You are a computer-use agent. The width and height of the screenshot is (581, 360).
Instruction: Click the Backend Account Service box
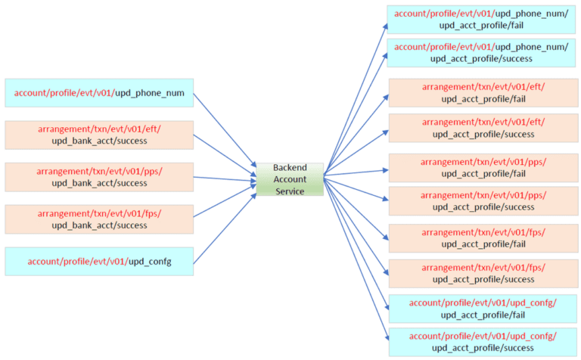click(x=290, y=179)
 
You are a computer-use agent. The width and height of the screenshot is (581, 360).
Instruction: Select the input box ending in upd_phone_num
click(x=99, y=94)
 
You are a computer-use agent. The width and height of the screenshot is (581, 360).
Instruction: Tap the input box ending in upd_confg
click(x=99, y=261)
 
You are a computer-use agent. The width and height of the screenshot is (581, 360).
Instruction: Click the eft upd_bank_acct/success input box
click(x=99, y=135)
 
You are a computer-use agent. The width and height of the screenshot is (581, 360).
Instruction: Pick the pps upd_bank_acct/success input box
click(x=99, y=177)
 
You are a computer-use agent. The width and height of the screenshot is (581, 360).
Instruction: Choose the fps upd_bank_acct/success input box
click(x=99, y=219)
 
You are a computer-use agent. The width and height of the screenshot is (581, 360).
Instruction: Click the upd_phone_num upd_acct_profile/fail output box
click(x=481, y=19)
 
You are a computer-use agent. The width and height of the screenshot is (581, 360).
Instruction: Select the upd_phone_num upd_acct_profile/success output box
click(x=481, y=53)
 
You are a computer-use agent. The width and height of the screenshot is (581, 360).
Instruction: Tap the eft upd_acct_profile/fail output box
click(x=483, y=93)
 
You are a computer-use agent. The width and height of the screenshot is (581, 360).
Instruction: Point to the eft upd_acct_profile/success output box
click(x=483, y=128)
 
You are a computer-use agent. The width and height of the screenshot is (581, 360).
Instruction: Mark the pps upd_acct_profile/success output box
click(x=483, y=201)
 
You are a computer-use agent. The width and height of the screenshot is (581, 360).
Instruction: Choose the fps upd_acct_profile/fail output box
click(x=483, y=239)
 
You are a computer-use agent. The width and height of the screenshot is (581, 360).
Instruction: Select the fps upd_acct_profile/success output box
click(x=483, y=273)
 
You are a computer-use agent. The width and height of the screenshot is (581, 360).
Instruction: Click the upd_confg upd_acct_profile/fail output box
click(x=483, y=309)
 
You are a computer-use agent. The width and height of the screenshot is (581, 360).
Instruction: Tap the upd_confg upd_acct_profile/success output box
click(x=483, y=341)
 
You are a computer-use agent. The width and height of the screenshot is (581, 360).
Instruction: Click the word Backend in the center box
click(x=290, y=169)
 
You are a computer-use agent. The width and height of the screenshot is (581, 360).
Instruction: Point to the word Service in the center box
click(x=290, y=191)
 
